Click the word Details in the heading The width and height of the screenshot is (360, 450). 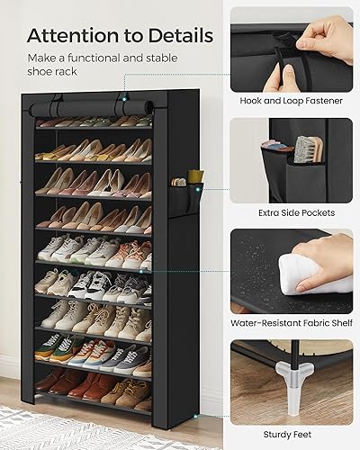click(x=178, y=37)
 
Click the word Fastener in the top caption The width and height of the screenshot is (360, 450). click(x=322, y=101)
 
